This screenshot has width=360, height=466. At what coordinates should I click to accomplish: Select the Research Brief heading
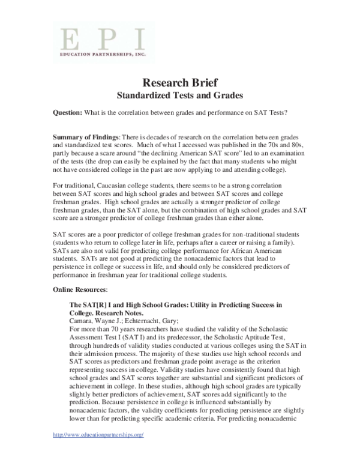(180, 82)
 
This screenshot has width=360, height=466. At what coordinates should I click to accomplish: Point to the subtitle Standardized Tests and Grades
(180, 95)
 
